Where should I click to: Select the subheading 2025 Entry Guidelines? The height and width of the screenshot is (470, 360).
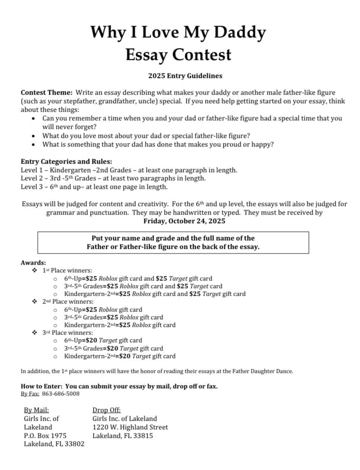(x=185, y=76)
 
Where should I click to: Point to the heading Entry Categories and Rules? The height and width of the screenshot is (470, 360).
(x=66, y=161)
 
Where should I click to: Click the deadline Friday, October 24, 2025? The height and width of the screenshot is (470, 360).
(x=184, y=221)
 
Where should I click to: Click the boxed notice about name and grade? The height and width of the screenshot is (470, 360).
(x=173, y=242)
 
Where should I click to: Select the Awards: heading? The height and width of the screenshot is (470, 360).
(x=33, y=263)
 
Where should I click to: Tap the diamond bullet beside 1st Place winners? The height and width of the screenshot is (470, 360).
(x=35, y=270)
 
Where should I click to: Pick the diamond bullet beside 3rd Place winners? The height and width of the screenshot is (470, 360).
(x=35, y=332)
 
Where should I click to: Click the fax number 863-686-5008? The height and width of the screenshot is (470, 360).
(x=61, y=394)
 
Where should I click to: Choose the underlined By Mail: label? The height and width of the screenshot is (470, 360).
(x=37, y=410)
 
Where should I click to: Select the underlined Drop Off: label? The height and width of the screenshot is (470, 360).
(x=106, y=410)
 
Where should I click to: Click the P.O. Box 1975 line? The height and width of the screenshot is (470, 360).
(x=45, y=435)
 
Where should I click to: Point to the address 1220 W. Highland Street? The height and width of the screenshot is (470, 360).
(x=130, y=427)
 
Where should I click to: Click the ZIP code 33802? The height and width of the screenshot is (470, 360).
(x=74, y=444)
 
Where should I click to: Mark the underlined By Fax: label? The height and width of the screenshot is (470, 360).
(x=30, y=394)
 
